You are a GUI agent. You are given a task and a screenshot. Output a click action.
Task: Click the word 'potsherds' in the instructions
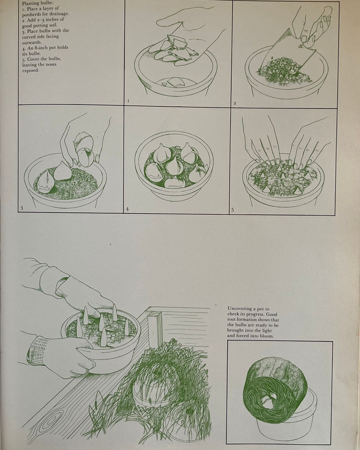click(35, 14)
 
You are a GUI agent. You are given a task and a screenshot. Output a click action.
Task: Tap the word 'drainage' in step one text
click(59, 14)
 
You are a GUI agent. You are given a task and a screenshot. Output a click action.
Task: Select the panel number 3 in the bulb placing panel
click(21, 208)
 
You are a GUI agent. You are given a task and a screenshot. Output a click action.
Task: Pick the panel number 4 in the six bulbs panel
click(127, 208)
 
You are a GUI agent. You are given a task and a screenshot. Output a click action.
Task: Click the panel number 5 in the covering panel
click(233, 209)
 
